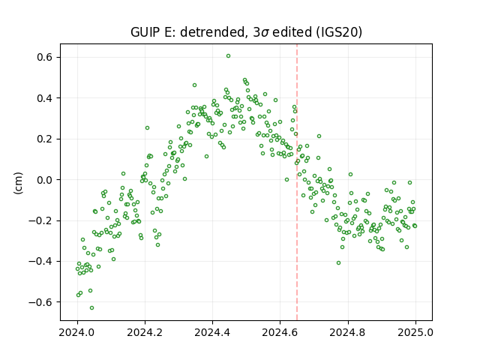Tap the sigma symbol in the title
(x=265, y=33)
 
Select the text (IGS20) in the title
(x=338, y=32)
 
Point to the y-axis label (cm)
(x=18, y=183)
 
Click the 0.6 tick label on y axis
(x=44, y=57)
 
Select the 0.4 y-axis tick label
(x=44, y=98)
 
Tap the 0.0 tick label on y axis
(x=44, y=180)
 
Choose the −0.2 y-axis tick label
(x=40, y=220)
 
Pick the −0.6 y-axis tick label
(x=40, y=302)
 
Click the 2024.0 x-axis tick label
(x=77, y=332)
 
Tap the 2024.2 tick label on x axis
(x=145, y=332)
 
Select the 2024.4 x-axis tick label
(x=212, y=332)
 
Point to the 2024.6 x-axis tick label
(x=280, y=332)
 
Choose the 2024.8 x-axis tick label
(x=348, y=332)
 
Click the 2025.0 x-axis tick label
(x=415, y=332)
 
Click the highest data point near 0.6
(x=228, y=56)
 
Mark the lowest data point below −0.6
(x=91, y=308)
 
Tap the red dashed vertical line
(x=297, y=182)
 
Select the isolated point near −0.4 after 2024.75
(x=338, y=263)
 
